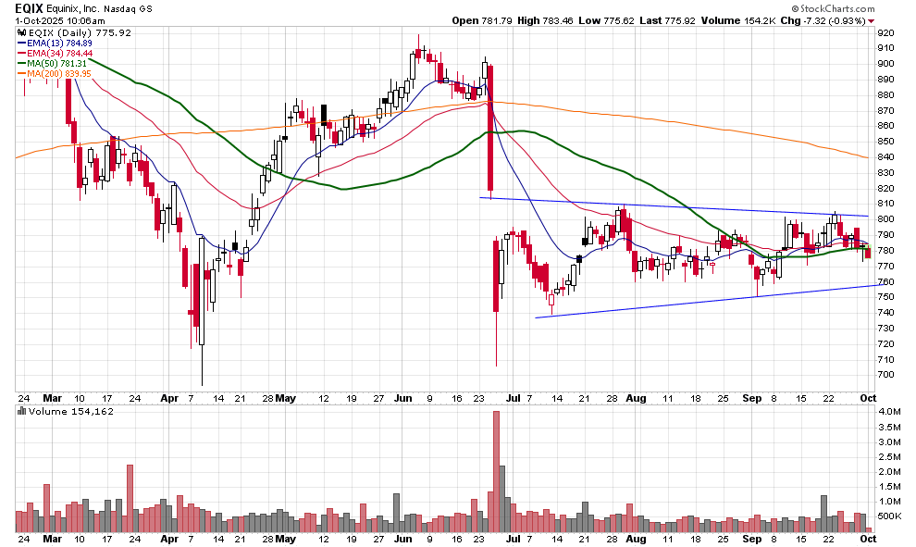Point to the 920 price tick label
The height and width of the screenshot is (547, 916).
pyautogui.click(x=886, y=32)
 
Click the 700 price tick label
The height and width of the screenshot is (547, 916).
pyautogui.click(x=886, y=375)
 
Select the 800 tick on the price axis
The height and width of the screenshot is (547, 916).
pyautogui.click(x=886, y=219)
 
